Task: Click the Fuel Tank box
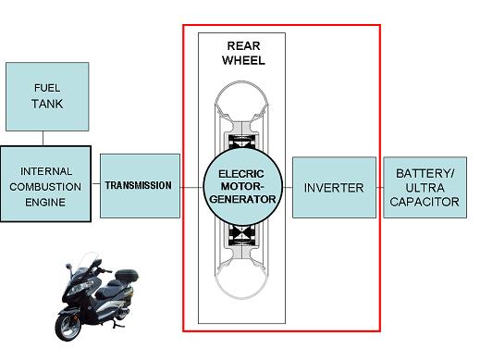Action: click(x=47, y=95)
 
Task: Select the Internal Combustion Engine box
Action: click(x=45, y=186)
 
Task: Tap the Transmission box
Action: click(x=138, y=185)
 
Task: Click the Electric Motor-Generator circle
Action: click(x=241, y=185)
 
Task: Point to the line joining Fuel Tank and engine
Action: click(x=45, y=137)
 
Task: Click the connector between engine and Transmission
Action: click(x=94, y=186)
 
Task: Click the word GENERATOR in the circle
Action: click(x=241, y=197)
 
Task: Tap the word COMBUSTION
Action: click(x=45, y=186)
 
